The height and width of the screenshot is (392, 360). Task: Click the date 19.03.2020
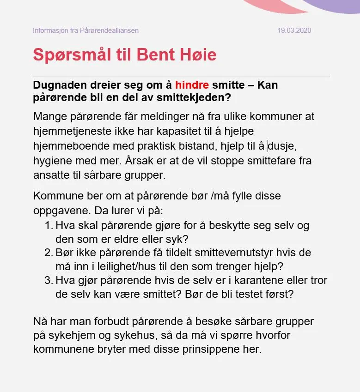(294, 30)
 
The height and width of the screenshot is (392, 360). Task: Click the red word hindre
(192, 85)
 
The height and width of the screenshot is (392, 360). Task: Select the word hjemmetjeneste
(73, 131)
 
